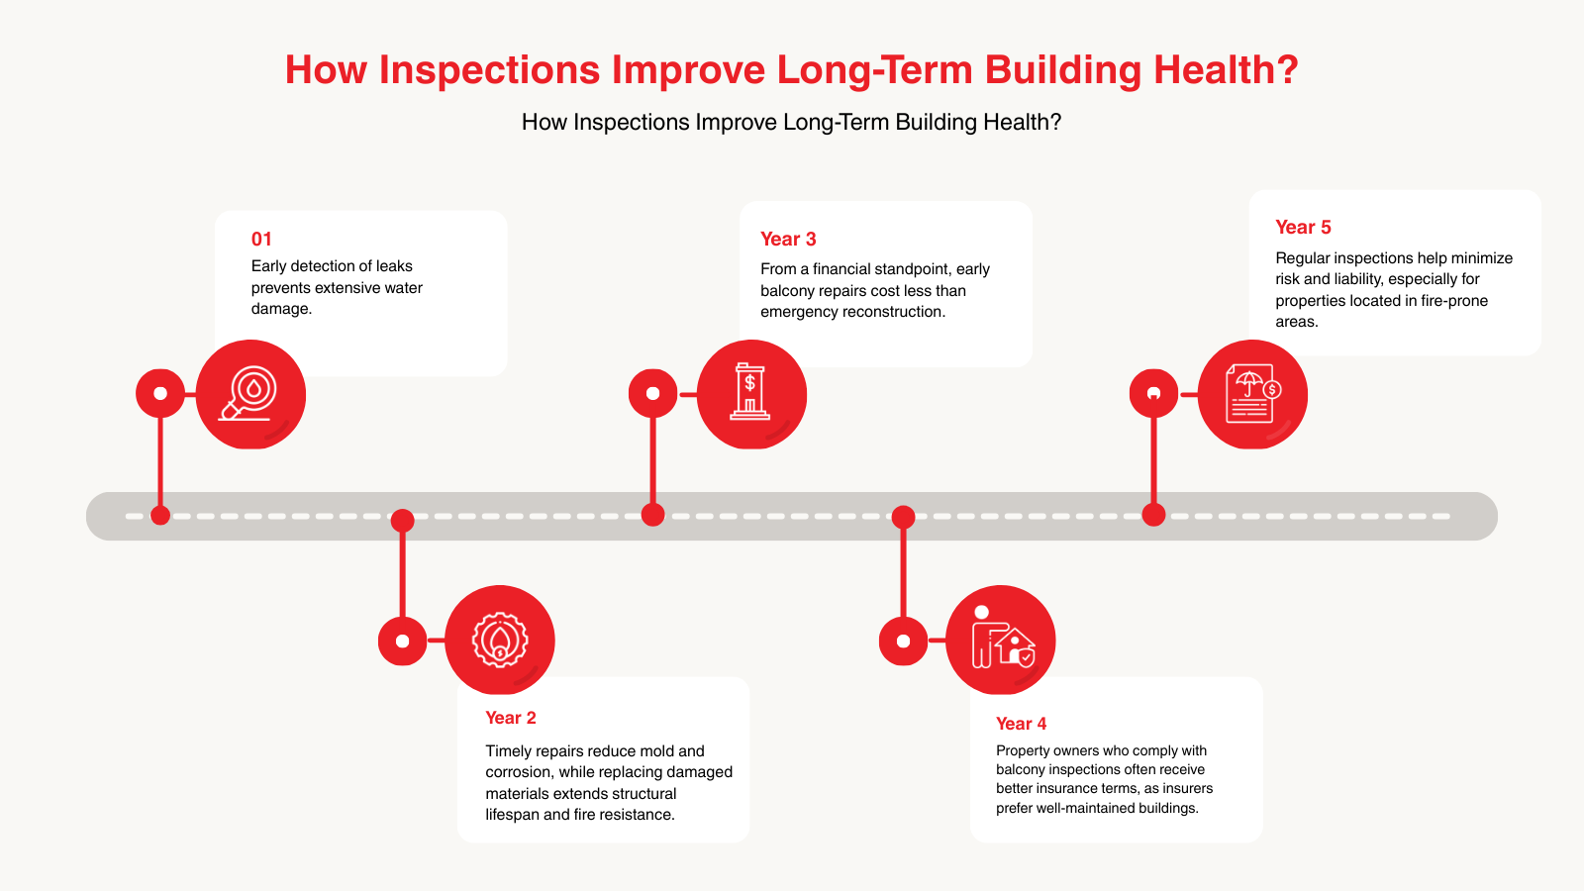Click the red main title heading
pyautogui.click(x=791, y=70)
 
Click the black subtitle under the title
pyautogui.click(x=791, y=122)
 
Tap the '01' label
pyautogui.click(x=261, y=239)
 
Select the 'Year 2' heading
pyautogui.click(x=511, y=718)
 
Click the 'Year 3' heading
pyautogui.click(x=788, y=239)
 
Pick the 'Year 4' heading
pyautogui.click(x=1021, y=724)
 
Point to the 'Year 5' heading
pyautogui.click(x=1303, y=227)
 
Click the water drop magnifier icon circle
pyautogui.click(x=250, y=394)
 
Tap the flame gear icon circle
pyautogui.click(x=500, y=640)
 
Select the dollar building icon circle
pyautogui.click(x=751, y=394)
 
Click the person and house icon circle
pyautogui.click(x=1001, y=640)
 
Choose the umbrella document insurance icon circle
pyautogui.click(x=1252, y=394)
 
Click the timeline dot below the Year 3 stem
pyautogui.click(x=652, y=515)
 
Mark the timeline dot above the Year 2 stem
pyautogui.click(x=402, y=520)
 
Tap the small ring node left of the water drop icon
pyautogui.click(x=160, y=393)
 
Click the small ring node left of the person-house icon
pyautogui.click(x=903, y=641)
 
